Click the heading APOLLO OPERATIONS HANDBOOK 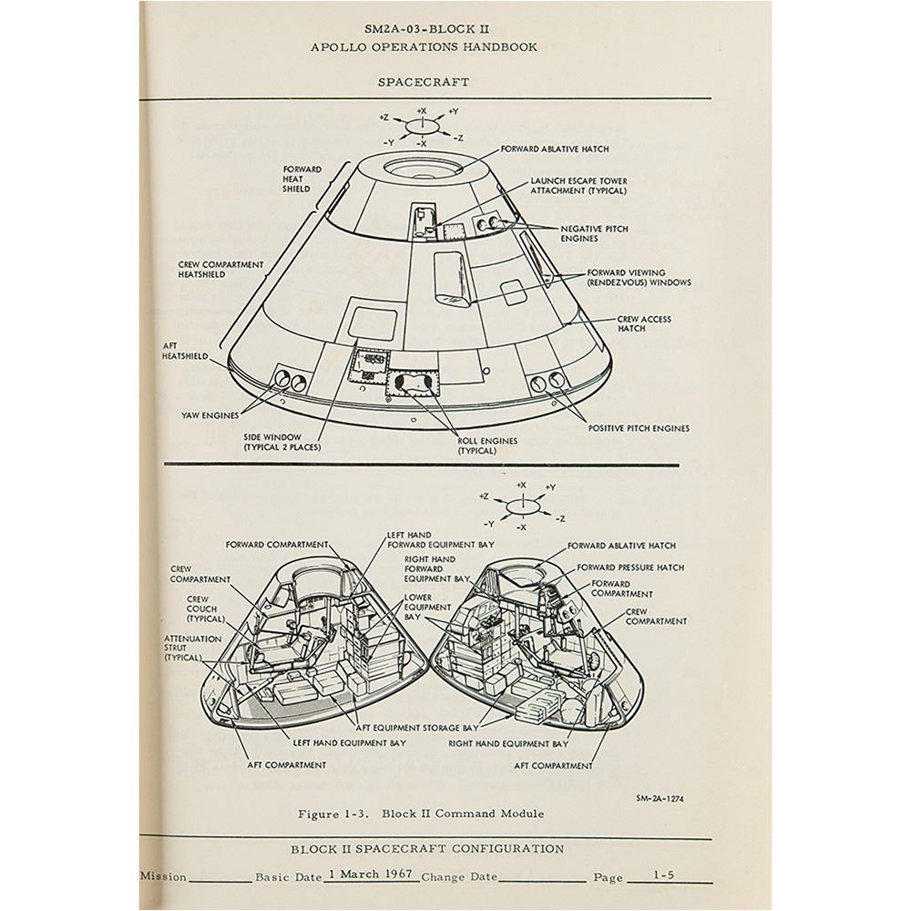(x=424, y=47)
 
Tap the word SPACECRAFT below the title (x=424, y=82)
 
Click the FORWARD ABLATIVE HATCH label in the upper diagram (x=555, y=149)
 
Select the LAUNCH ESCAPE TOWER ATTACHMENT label (x=578, y=186)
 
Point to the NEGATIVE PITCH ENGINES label (x=594, y=233)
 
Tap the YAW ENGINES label (x=210, y=415)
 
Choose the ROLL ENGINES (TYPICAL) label (x=486, y=445)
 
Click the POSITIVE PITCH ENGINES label (x=639, y=428)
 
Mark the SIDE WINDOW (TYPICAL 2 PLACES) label (x=282, y=442)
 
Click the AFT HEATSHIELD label (x=185, y=351)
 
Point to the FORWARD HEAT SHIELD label (x=302, y=179)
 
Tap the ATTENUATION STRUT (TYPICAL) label (x=193, y=648)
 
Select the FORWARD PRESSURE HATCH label (x=630, y=567)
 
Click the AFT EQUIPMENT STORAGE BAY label (x=417, y=727)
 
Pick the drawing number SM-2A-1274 (x=660, y=798)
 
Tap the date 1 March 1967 (x=370, y=874)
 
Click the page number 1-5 (x=663, y=874)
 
